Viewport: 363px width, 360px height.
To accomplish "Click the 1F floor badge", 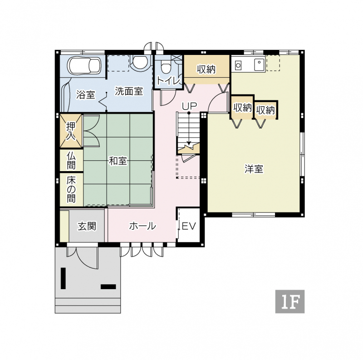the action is click(x=289, y=301).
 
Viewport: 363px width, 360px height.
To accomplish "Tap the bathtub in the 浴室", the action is click(x=85, y=65).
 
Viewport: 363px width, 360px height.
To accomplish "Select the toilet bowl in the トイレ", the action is click(x=166, y=66).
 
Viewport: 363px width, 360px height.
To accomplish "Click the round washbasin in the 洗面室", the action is click(x=140, y=62).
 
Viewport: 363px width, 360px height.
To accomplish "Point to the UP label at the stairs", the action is click(x=189, y=106).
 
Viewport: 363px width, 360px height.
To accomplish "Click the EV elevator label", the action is click(x=189, y=226).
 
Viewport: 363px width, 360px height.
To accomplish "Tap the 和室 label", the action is click(x=118, y=161).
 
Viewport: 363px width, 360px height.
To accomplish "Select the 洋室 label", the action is click(x=254, y=169).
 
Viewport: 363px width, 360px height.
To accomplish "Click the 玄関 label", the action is click(x=87, y=226).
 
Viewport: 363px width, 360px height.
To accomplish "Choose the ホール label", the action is click(x=142, y=226).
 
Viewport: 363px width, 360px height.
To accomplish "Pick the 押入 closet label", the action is click(x=71, y=131).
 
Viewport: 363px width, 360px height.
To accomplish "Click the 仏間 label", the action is click(x=71, y=161).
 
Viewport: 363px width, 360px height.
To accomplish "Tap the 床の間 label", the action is click(x=71, y=189).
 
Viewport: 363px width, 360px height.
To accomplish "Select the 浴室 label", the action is click(x=86, y=94).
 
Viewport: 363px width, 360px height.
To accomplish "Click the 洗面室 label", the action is click(x=129, y=91).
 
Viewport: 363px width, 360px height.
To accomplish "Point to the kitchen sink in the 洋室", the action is click(x=260, y=64).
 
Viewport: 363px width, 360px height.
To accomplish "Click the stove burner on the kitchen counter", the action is click(x=238, y=65).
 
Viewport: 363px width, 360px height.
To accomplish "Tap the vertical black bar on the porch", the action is click(x=63, y=278).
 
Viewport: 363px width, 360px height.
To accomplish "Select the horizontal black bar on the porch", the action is click(x=108, y=286).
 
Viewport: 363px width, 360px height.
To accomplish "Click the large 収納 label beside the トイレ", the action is click(x=206, y=69).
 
